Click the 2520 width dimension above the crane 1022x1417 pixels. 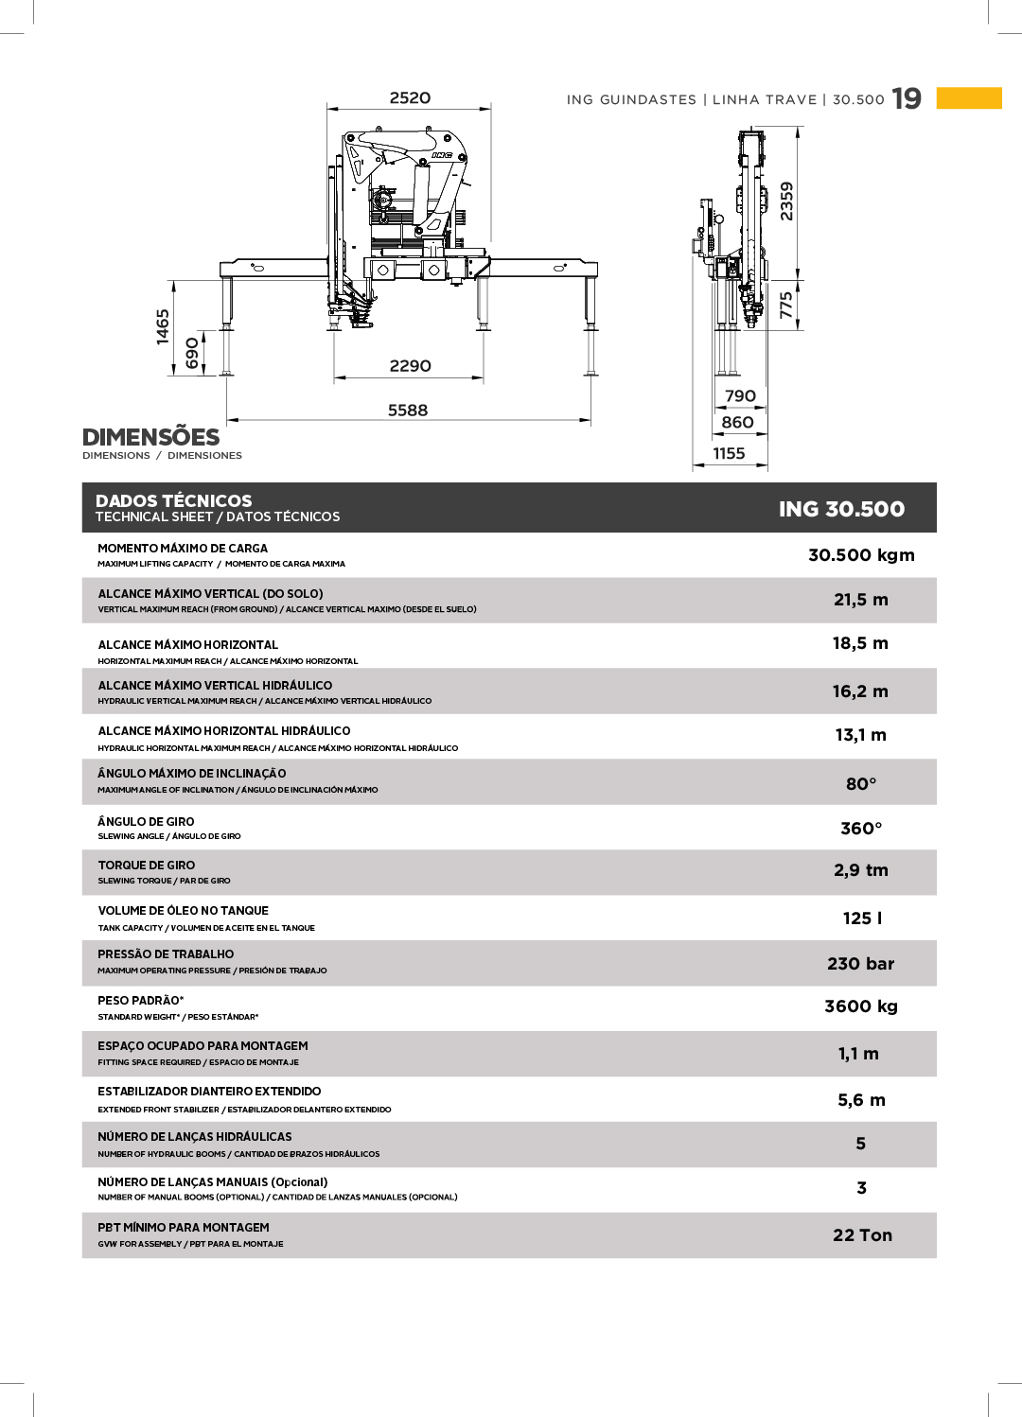tap(410, 98)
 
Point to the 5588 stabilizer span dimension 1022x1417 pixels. tap(408, 411)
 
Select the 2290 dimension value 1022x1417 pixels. tap(410, 366)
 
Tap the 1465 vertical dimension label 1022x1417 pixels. tap(163, 326)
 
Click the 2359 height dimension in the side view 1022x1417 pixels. tap(786, 201)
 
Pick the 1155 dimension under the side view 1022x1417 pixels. tap(729, 454)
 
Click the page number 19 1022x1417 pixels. tap(907, 99)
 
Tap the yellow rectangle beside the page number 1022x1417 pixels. tap(969, 98)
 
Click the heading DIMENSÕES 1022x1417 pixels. tap(150, 437)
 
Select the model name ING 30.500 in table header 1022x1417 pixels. tap(841, 509)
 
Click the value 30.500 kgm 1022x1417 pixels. tap(861, 555)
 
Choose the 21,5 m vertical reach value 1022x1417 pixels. tap(861, 600)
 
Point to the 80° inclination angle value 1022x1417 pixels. tap(861, 784)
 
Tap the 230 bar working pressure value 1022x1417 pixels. tap(860, 964)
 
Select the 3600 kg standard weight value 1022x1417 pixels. tap(861, 1006)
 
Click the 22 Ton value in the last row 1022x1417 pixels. tap(862, 1235)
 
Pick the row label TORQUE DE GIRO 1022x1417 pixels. tap(147, 866)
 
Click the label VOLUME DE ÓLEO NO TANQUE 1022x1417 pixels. tap(184, 911)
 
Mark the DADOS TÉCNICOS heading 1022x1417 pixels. tap(174, 501)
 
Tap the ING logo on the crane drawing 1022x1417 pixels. tap(441, 155)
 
